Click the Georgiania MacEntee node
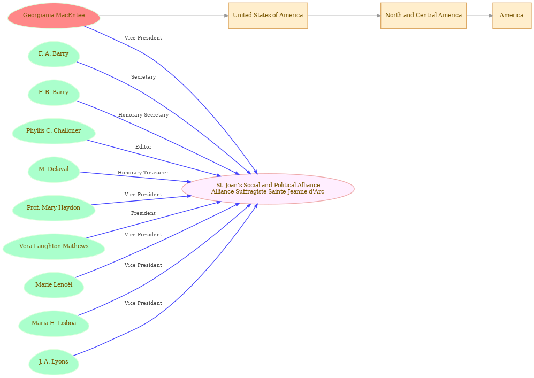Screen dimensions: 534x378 [x=54, y=16]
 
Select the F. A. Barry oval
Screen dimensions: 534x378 [x=54, y=54]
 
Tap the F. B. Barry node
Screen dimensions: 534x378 [x=54, y=92]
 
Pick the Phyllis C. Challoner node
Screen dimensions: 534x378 [x=54, y=131]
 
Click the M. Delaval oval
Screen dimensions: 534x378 [x=54, y=169]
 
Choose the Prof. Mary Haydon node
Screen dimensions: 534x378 [x=54, y=208]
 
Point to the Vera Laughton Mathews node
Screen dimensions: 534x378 [x=54, y=246]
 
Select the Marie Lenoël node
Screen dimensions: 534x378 [x=54, y=285]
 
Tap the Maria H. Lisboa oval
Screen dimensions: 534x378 [x=54, y=323]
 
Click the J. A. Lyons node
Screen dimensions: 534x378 [x=54, y=361]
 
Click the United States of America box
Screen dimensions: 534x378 [x=268, y=16]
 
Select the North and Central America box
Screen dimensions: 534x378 [x=423, y=16]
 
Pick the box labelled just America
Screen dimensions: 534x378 [x=512, y=16]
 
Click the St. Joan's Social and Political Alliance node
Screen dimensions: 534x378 [x=268, y=189]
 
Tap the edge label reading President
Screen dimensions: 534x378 [x=143, y=213]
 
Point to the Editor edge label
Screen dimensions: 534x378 [x=143, y=147]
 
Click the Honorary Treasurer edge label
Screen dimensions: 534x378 [x=143, y=173]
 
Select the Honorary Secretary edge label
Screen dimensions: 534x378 [x=143, y=115]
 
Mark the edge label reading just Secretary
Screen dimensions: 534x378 [x=143, y=77]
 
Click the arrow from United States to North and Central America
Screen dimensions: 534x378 [x=344, y=16]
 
